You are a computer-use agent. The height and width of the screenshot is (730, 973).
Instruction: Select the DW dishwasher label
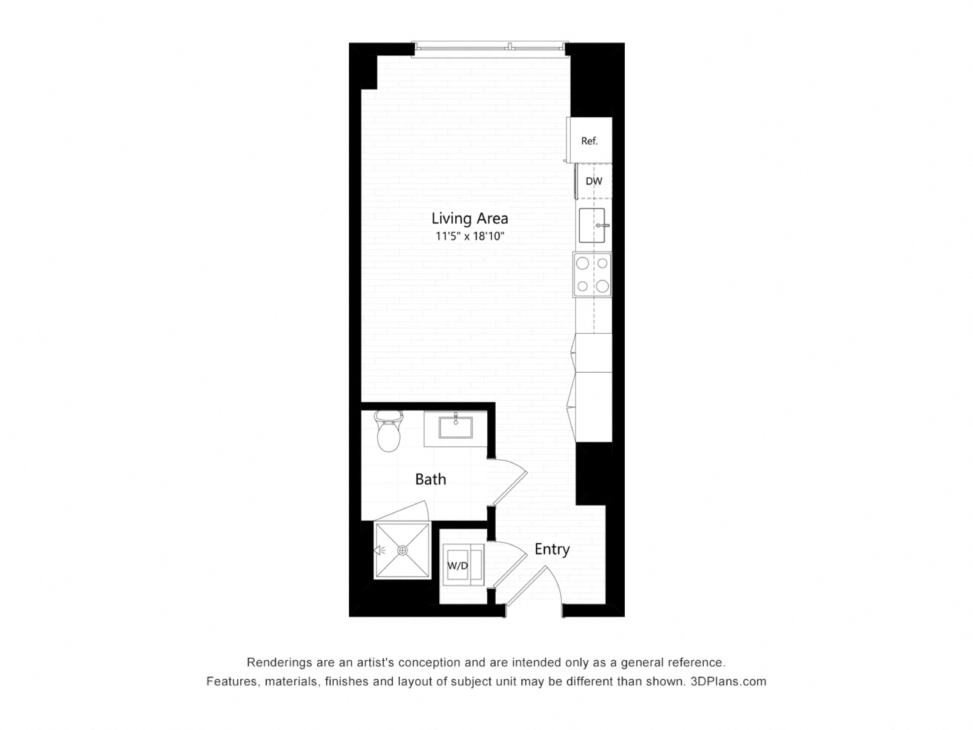(x=594, y=181)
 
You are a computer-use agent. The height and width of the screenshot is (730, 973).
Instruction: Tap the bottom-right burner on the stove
(x=602, y=286)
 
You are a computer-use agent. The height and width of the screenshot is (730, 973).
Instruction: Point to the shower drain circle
(x=402, y=550)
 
